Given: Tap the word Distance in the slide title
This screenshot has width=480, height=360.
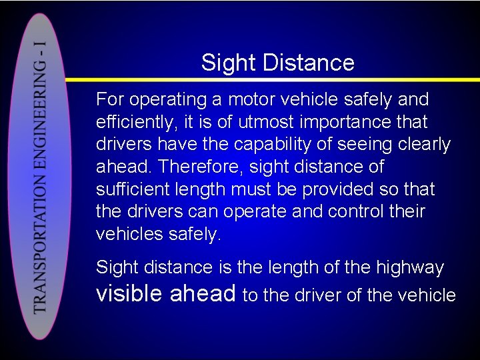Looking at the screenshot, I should (x=308, y=63).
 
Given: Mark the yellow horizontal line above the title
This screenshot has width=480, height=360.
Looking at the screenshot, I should (x=267, y=38).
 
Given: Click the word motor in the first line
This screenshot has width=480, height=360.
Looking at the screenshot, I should (x=251, y=100).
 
